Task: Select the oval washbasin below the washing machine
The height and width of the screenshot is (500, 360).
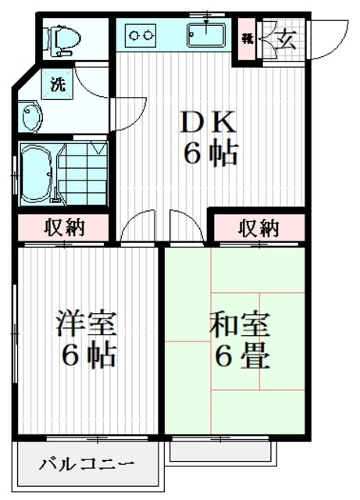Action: coord(32,118)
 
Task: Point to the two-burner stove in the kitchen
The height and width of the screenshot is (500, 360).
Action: coord(141,35)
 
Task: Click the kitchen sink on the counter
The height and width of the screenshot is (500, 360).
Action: coord(206,35)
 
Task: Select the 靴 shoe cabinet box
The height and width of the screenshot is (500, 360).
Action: coord(247,37)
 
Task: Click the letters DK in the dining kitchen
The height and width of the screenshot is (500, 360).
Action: coord(208,123)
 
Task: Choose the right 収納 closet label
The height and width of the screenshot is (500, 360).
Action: coord(258,228)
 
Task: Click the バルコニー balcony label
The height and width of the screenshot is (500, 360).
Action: coord(87,466)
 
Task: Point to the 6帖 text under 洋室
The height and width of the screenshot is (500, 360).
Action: coord(90,355)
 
